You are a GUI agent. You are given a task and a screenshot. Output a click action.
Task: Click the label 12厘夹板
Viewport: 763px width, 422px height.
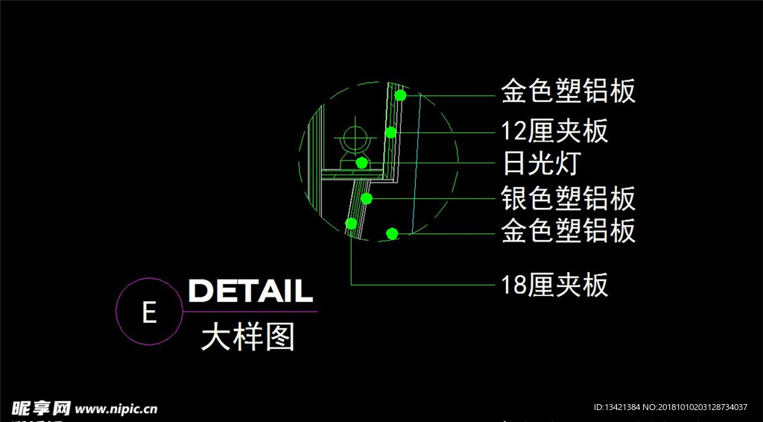click(x=554, y=131)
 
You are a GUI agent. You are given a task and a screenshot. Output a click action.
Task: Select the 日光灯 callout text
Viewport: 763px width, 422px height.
click(x=541, y=163)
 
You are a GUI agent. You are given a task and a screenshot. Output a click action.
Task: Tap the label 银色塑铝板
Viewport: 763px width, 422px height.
click(x=569, y=198)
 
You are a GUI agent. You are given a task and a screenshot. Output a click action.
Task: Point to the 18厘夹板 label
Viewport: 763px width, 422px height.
click(x=554, y=285)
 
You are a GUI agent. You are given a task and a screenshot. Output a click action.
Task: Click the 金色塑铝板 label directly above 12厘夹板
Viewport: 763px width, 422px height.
click(x=569, y=91)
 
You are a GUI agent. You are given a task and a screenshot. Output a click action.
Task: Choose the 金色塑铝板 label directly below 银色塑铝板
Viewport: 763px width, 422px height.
click(x=569, y=230)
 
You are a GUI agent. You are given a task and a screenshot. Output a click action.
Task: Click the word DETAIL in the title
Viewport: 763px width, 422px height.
click(x=250, y=291)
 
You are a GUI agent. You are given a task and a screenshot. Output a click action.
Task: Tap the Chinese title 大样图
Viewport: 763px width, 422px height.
click(x=247, y=337)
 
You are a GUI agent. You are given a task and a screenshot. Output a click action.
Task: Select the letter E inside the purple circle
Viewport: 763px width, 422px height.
click(x=149, y=312)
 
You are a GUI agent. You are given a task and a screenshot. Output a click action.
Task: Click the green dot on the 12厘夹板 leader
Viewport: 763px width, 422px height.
click(x=390, y=133)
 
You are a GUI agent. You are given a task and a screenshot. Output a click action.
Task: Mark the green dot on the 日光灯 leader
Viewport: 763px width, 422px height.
click(x=361, y=163)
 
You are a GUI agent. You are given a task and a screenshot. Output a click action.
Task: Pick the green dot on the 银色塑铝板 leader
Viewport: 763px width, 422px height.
click(x=367, y=198)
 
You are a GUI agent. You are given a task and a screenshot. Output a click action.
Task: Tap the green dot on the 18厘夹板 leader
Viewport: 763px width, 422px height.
click(x=351, y=224)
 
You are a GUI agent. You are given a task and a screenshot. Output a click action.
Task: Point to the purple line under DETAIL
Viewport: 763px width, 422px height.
click(x=250, y=312)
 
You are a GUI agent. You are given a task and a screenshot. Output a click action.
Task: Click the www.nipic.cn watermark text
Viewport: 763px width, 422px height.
click(x=115, y=409)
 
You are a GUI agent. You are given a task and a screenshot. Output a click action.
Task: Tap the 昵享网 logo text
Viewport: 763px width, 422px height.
click(x=41, y=408)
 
